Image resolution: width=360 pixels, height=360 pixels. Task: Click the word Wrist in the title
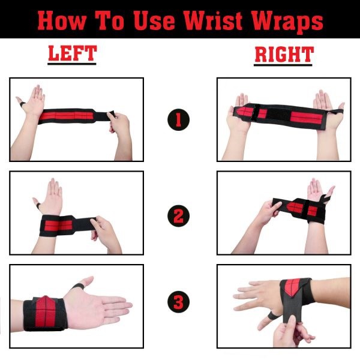pyautogui.click(x=225, y=22)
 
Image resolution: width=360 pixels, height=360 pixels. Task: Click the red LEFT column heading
pyautogui.click(x=71, y=55)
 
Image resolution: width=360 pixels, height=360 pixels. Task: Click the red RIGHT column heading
pyautogui.click(x=284, y=55)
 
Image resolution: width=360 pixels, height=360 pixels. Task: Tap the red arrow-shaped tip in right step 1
pyautogui.click(x=241, y=112)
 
